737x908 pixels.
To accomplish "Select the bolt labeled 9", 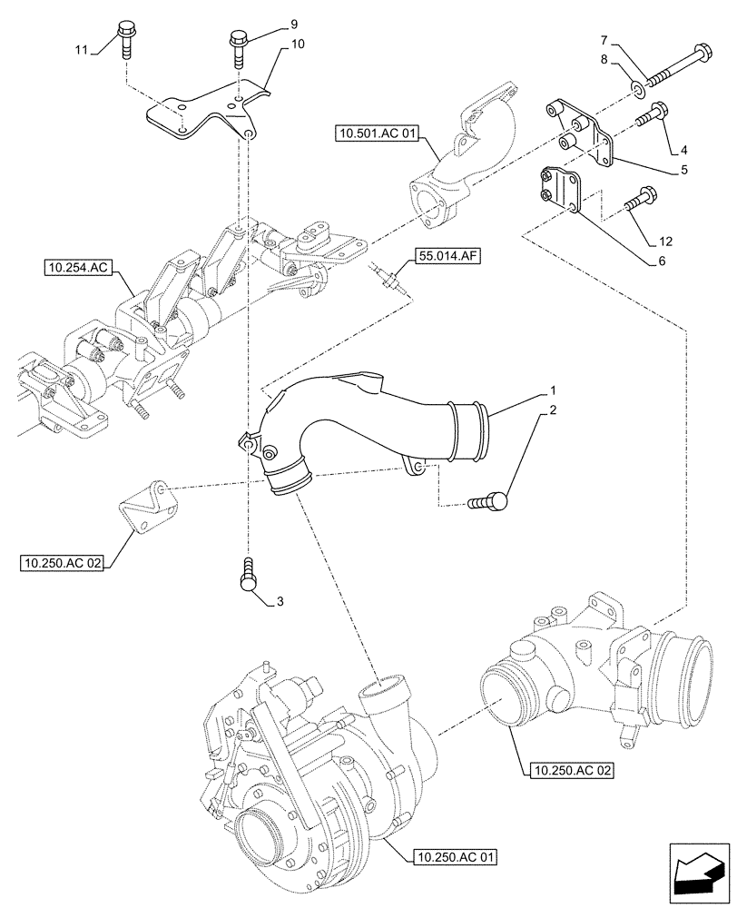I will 240,46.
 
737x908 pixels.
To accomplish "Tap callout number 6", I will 662,260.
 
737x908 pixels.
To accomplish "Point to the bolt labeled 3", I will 250,576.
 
